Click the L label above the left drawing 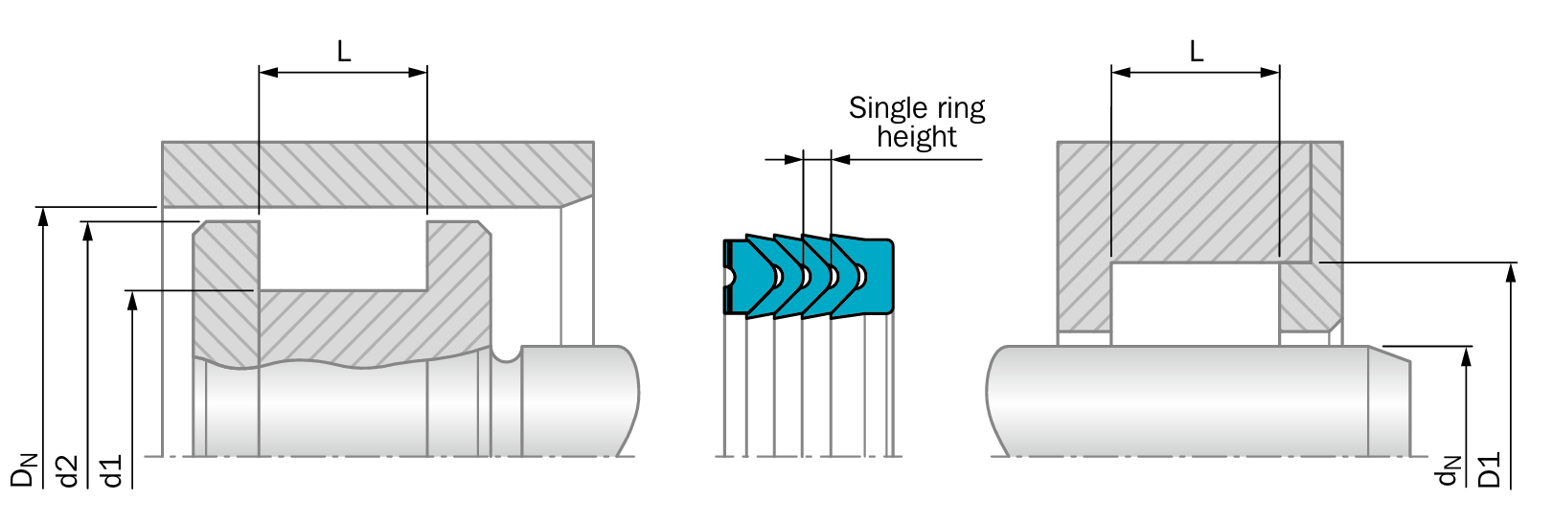coord(343,51)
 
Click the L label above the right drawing coord(1196,51)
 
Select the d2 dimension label coord(67,469)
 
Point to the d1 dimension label coord(112,470)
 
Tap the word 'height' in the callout coord(916,137)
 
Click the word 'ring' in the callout coord(961,108)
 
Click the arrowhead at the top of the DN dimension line coord(42,216)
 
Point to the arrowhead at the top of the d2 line coord(87,232)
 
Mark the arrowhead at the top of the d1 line coord(132,300)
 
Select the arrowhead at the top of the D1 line coord(1511,272)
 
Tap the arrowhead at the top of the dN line coord(1466,355)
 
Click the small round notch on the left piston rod coord(506,353)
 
